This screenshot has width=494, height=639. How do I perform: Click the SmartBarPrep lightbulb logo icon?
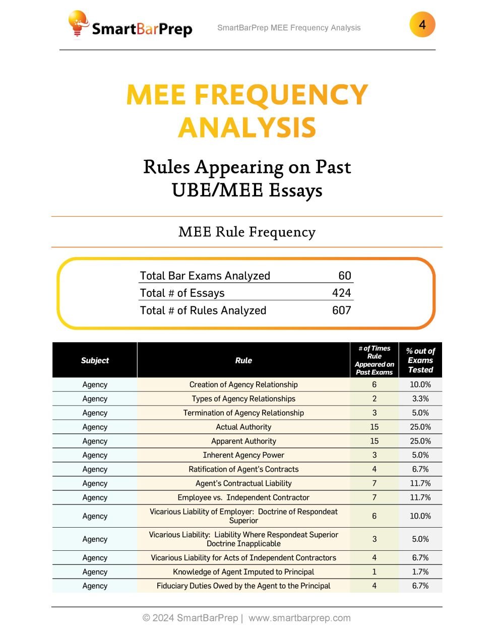[x=78, y=24]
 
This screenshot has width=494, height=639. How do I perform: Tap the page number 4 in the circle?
[x=422, y=25]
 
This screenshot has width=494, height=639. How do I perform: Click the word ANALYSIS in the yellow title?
[x=247, y=127]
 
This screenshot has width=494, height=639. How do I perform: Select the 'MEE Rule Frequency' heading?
[x=247, y=232]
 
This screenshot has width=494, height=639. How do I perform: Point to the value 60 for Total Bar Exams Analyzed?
[x=345, y=276]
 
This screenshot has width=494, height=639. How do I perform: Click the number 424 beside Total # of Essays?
[x=341, y=293]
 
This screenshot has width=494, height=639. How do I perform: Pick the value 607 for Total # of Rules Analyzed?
[x=341, y=310]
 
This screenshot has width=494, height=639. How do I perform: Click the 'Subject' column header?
[x=95, y=360]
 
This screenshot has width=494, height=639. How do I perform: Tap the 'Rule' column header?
[x=243, y=360]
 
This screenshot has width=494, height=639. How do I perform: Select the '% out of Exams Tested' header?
[x=420, y=360]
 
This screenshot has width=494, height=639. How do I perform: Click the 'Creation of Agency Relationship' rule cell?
[x=243, y=385]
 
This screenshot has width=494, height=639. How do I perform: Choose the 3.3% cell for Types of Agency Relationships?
[x=420, y=399]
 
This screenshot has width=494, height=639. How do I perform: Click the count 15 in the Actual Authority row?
[x=374, y=427]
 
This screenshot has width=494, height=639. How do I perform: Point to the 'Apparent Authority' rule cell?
[x=243, y=441]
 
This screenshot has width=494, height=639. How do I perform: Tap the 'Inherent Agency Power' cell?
[x=243, y=455]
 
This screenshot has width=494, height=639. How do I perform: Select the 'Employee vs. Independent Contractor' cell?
[x=243, y=497]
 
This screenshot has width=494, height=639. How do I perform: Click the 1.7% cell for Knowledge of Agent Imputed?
[x=420, y=572]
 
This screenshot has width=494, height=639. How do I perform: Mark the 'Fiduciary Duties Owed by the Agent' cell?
[x=243, y=586]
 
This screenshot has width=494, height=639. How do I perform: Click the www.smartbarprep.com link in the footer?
[x=299, y=618]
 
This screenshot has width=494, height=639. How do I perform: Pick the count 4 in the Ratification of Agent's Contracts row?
[x=374, y=469]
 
